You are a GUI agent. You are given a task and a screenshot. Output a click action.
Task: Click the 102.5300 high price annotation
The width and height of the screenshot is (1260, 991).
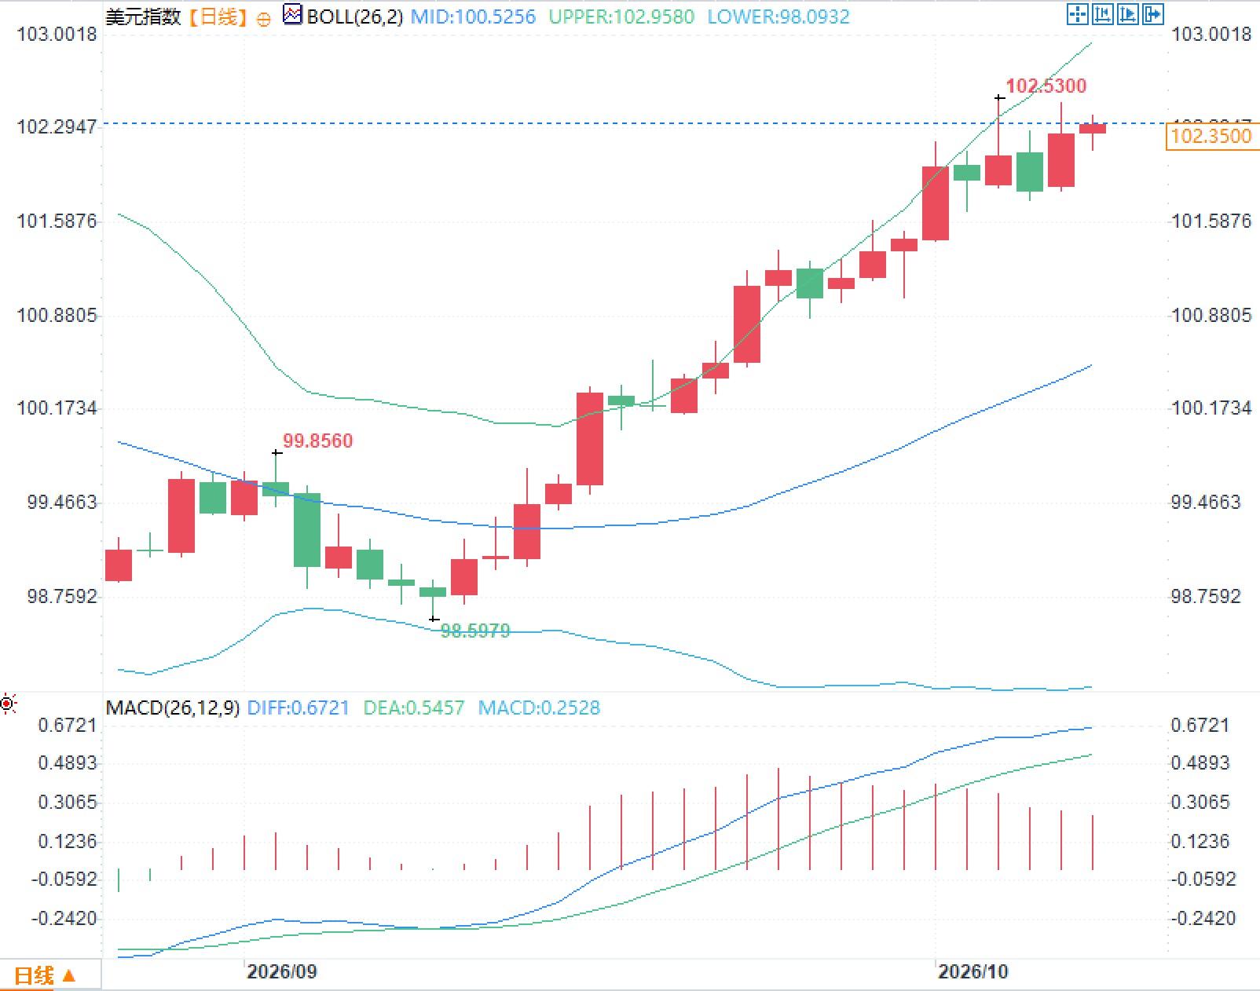(x=1046, y=86)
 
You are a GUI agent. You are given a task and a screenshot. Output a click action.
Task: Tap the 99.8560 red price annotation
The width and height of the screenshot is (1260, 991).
(x=317, y=441)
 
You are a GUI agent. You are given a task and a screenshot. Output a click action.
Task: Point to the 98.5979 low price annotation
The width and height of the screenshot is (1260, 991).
(x=474, y=631)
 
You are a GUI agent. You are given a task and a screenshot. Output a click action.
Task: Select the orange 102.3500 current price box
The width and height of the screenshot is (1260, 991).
(x=1211, y=136)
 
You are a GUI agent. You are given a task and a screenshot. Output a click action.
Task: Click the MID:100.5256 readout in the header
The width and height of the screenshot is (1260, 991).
(x=473, y=16)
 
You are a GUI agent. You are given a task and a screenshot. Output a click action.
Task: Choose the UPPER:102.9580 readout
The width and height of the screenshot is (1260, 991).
(x=621, y=16)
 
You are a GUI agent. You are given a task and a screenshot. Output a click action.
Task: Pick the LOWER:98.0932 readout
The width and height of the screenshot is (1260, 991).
(x=778, y=16)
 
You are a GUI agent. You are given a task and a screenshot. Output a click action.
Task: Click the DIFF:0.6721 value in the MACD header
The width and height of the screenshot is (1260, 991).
(x=298, y=708)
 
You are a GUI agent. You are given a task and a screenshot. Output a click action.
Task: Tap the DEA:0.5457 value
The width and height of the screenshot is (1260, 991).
(x=413, y=708)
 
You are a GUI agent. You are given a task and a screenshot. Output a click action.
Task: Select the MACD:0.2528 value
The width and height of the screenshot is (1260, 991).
(x=539, y=708)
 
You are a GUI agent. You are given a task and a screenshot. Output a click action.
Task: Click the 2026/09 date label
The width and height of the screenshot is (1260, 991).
(x=282, y=971)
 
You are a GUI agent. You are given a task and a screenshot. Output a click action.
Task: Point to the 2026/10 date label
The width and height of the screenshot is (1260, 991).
(x=972, y=971)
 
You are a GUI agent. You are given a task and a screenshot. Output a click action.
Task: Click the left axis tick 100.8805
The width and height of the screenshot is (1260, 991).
(x=57, y=316)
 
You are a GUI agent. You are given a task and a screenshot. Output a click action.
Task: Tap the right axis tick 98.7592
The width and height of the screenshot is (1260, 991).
(x=1206, y=596)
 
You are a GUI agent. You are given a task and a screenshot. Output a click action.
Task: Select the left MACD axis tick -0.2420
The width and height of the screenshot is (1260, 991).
(x=64, y=918)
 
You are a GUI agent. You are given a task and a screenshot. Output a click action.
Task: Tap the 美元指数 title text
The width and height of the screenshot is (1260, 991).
(x=143, y=16)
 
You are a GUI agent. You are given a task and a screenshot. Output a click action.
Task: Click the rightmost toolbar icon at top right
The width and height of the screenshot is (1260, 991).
(x=1153, y=14)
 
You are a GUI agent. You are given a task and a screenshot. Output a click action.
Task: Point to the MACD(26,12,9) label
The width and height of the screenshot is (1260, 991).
(x=173, y=708)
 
